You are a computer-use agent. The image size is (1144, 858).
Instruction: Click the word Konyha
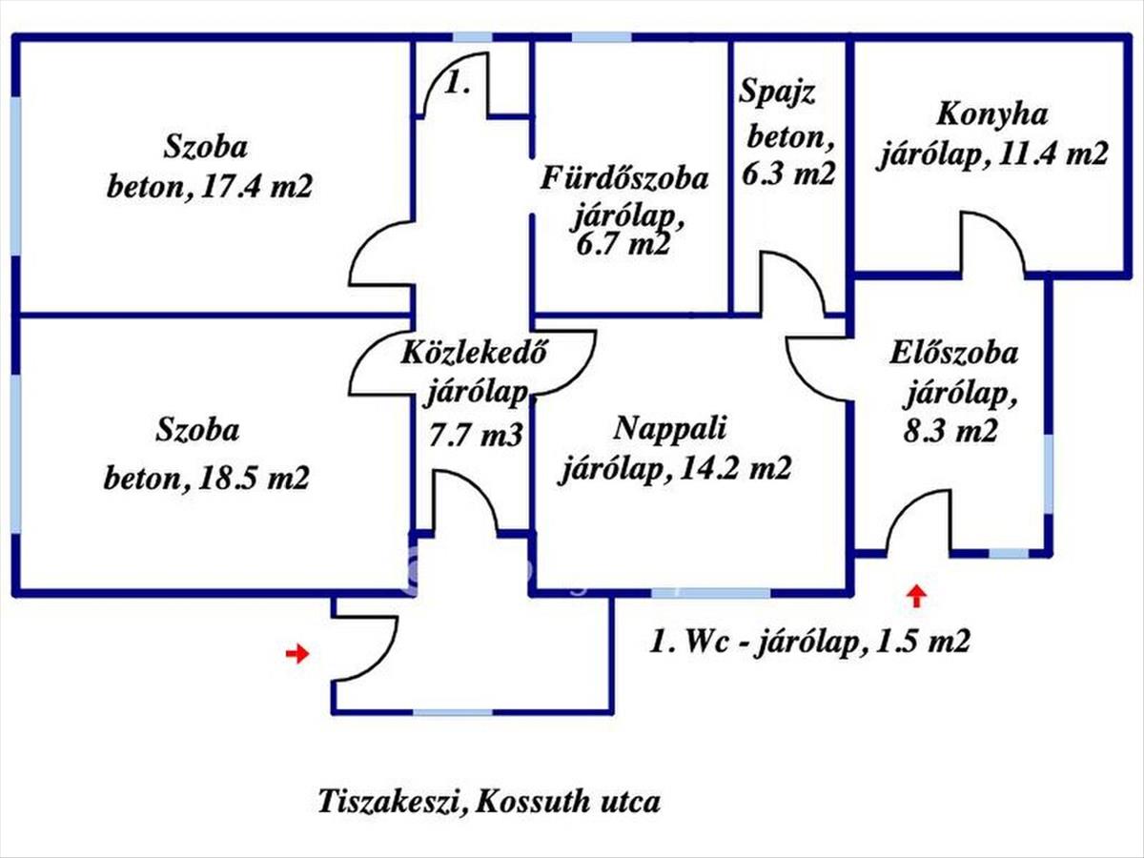coord(991,115)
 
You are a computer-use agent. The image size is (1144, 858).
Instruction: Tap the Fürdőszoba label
coord(623,178)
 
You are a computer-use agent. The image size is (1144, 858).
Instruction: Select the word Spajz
coord(777,92)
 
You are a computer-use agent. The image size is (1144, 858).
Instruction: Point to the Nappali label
coord(670,430)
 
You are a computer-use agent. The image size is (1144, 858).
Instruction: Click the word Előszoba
coord(953,354)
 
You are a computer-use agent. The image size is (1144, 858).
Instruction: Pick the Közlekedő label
coord(474,353)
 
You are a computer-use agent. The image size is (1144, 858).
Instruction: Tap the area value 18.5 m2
coord(254,477)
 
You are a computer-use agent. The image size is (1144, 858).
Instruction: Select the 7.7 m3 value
coord(475,435)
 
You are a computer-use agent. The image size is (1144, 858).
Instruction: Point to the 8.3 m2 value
coord(950,431)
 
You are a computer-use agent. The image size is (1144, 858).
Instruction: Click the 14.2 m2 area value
coord(732,466)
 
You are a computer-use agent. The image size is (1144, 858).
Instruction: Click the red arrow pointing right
coord(297,654)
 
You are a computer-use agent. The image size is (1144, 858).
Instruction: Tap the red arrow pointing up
coord(917,597)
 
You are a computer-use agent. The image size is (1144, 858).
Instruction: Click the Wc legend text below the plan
coord(810,641)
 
